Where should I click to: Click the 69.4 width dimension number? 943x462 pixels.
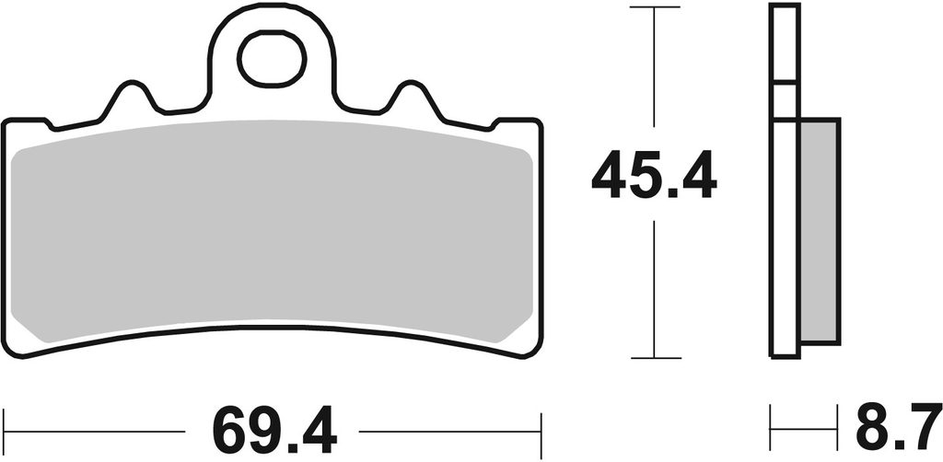[x=274, y=431]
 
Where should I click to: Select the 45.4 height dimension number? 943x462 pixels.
[x=654, y=174]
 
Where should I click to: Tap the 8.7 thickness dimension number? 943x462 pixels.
[x=899, y=427]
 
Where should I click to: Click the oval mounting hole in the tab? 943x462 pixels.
[x=272, y=58]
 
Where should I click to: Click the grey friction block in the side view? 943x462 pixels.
[x=819, y=231]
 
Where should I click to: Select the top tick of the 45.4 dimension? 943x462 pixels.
[x=655, y=7]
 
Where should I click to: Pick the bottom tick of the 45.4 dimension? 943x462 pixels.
[x=656, y=358]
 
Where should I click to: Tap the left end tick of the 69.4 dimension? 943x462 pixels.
[x=4, y=431]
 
